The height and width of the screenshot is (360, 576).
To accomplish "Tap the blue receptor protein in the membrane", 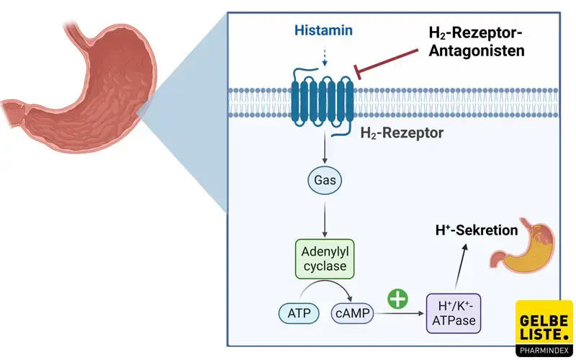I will click(x=322, y=98).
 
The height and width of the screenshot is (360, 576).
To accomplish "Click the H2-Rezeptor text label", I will click(x=402, y=134).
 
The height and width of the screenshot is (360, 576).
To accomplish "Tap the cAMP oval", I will click(x=351, y=312).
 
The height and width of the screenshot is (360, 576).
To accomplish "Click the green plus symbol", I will click(x=397, y=298).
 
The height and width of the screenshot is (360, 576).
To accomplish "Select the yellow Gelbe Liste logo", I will click(x=544, y=321).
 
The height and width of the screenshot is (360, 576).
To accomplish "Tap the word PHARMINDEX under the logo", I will click(x=544, y=351).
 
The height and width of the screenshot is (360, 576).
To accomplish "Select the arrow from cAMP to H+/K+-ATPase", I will click(x=400, y=313).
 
